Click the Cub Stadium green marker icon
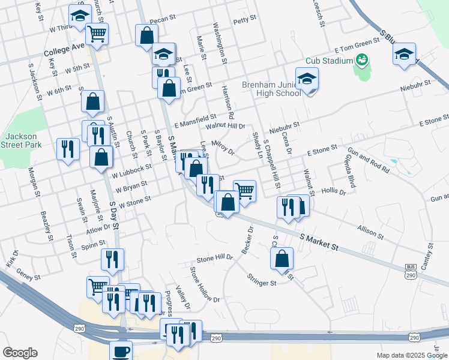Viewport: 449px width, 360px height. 362,59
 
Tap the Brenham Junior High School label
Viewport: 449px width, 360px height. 271,89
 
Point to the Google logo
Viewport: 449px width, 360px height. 20,352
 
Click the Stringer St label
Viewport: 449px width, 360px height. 261,280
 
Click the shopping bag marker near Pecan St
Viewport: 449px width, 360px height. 146,36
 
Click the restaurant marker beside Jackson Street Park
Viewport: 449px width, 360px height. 68,148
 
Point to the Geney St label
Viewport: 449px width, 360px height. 28,277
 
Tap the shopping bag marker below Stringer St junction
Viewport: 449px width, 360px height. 282,259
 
